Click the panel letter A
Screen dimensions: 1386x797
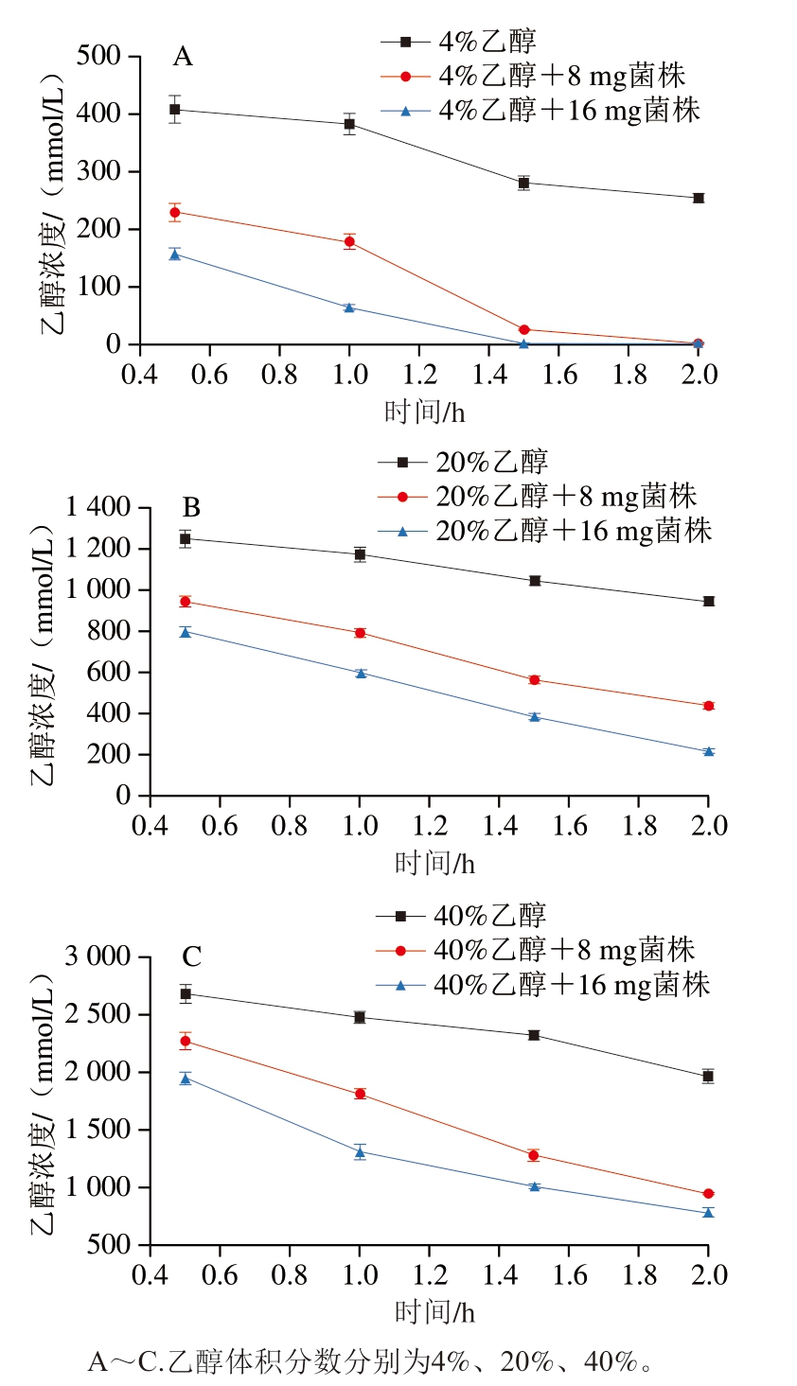coord(183,57)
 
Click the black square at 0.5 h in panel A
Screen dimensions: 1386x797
coord(175,110)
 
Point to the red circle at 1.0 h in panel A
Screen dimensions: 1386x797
coord(349,242)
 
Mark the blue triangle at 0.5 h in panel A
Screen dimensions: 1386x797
coord(175,254)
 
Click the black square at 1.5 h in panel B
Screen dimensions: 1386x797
coord(535,581)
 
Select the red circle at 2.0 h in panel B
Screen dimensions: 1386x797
coord(708,706)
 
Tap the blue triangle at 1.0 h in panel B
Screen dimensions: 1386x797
coord(361,673)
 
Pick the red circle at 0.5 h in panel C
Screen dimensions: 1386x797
coord(186,1042)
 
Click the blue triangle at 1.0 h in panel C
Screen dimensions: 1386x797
coord(360,1151)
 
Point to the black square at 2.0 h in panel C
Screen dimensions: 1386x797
coord(708,1076)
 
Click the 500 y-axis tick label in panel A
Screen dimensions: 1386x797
coord(98,57)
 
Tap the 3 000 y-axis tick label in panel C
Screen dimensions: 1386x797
coord(99,956)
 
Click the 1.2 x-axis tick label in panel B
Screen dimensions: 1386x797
coord(430,826)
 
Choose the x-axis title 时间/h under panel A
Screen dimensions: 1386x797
coord(424,412)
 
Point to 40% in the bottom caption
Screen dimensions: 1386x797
coord(610,1362)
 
